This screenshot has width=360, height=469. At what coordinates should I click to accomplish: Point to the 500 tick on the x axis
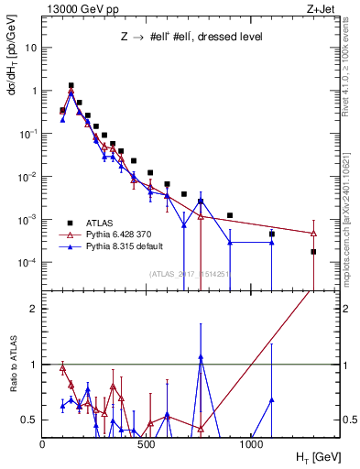click(x=147, y=444)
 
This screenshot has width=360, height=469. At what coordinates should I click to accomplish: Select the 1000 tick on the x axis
click(x=252, y=444)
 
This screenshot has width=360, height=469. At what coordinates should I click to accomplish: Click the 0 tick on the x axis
click(x=43, y=444)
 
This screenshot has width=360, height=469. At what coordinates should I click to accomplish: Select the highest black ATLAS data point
click(x=71, y=85)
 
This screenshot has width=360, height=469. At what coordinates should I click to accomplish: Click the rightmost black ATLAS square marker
click(x=313, y=251)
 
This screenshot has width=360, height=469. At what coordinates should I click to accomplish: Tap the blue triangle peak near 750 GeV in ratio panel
click(x=201, y=356)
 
